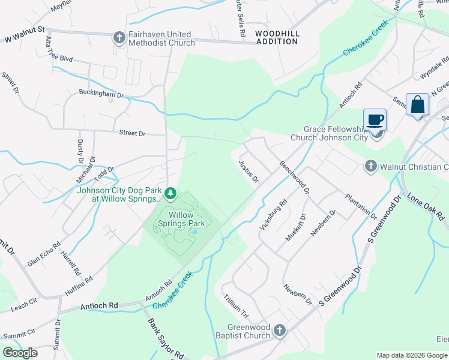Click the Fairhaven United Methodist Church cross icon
click(x=118, y=38)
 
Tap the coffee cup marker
click(x=375, y=119)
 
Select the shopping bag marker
click(x=417, y=104)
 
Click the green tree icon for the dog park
click(x=170, y=193)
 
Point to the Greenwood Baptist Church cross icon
click(x=279, y=331)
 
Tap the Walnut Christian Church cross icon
click(x=370, y=166)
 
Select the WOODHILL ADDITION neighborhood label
click(x=277, y=37)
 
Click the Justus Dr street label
click(x=248, y=171)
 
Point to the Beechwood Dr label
click(x=295, y=176)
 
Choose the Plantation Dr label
click(x=361, y=206)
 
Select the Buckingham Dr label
click(x=101, y=94)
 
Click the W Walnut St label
click(x=25, y=29)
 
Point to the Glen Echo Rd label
click(x=44, y=254)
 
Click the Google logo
click(x=20, y=353)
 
